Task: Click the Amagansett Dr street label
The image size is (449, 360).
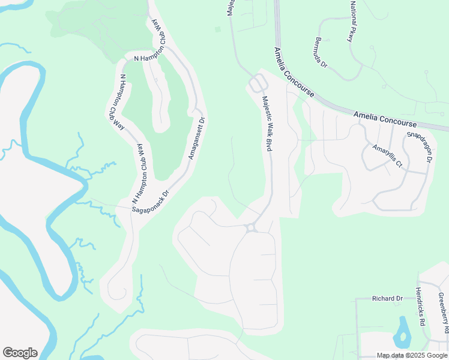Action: [x=197, y=137]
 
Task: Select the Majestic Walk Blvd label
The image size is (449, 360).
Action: [x=267, y=124]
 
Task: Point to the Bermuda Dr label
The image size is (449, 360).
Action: [x=321, y=52]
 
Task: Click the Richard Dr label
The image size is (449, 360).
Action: [x=387, y=298]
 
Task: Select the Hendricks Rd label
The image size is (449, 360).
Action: [x=420, y=307]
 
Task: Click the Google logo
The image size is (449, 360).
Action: [x=20, y=353]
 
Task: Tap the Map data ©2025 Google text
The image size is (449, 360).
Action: [x=412, y=355]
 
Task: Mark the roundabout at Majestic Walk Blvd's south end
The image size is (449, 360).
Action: [x=251, y=227]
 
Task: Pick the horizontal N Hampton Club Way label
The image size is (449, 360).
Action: [x=153, y=58]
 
